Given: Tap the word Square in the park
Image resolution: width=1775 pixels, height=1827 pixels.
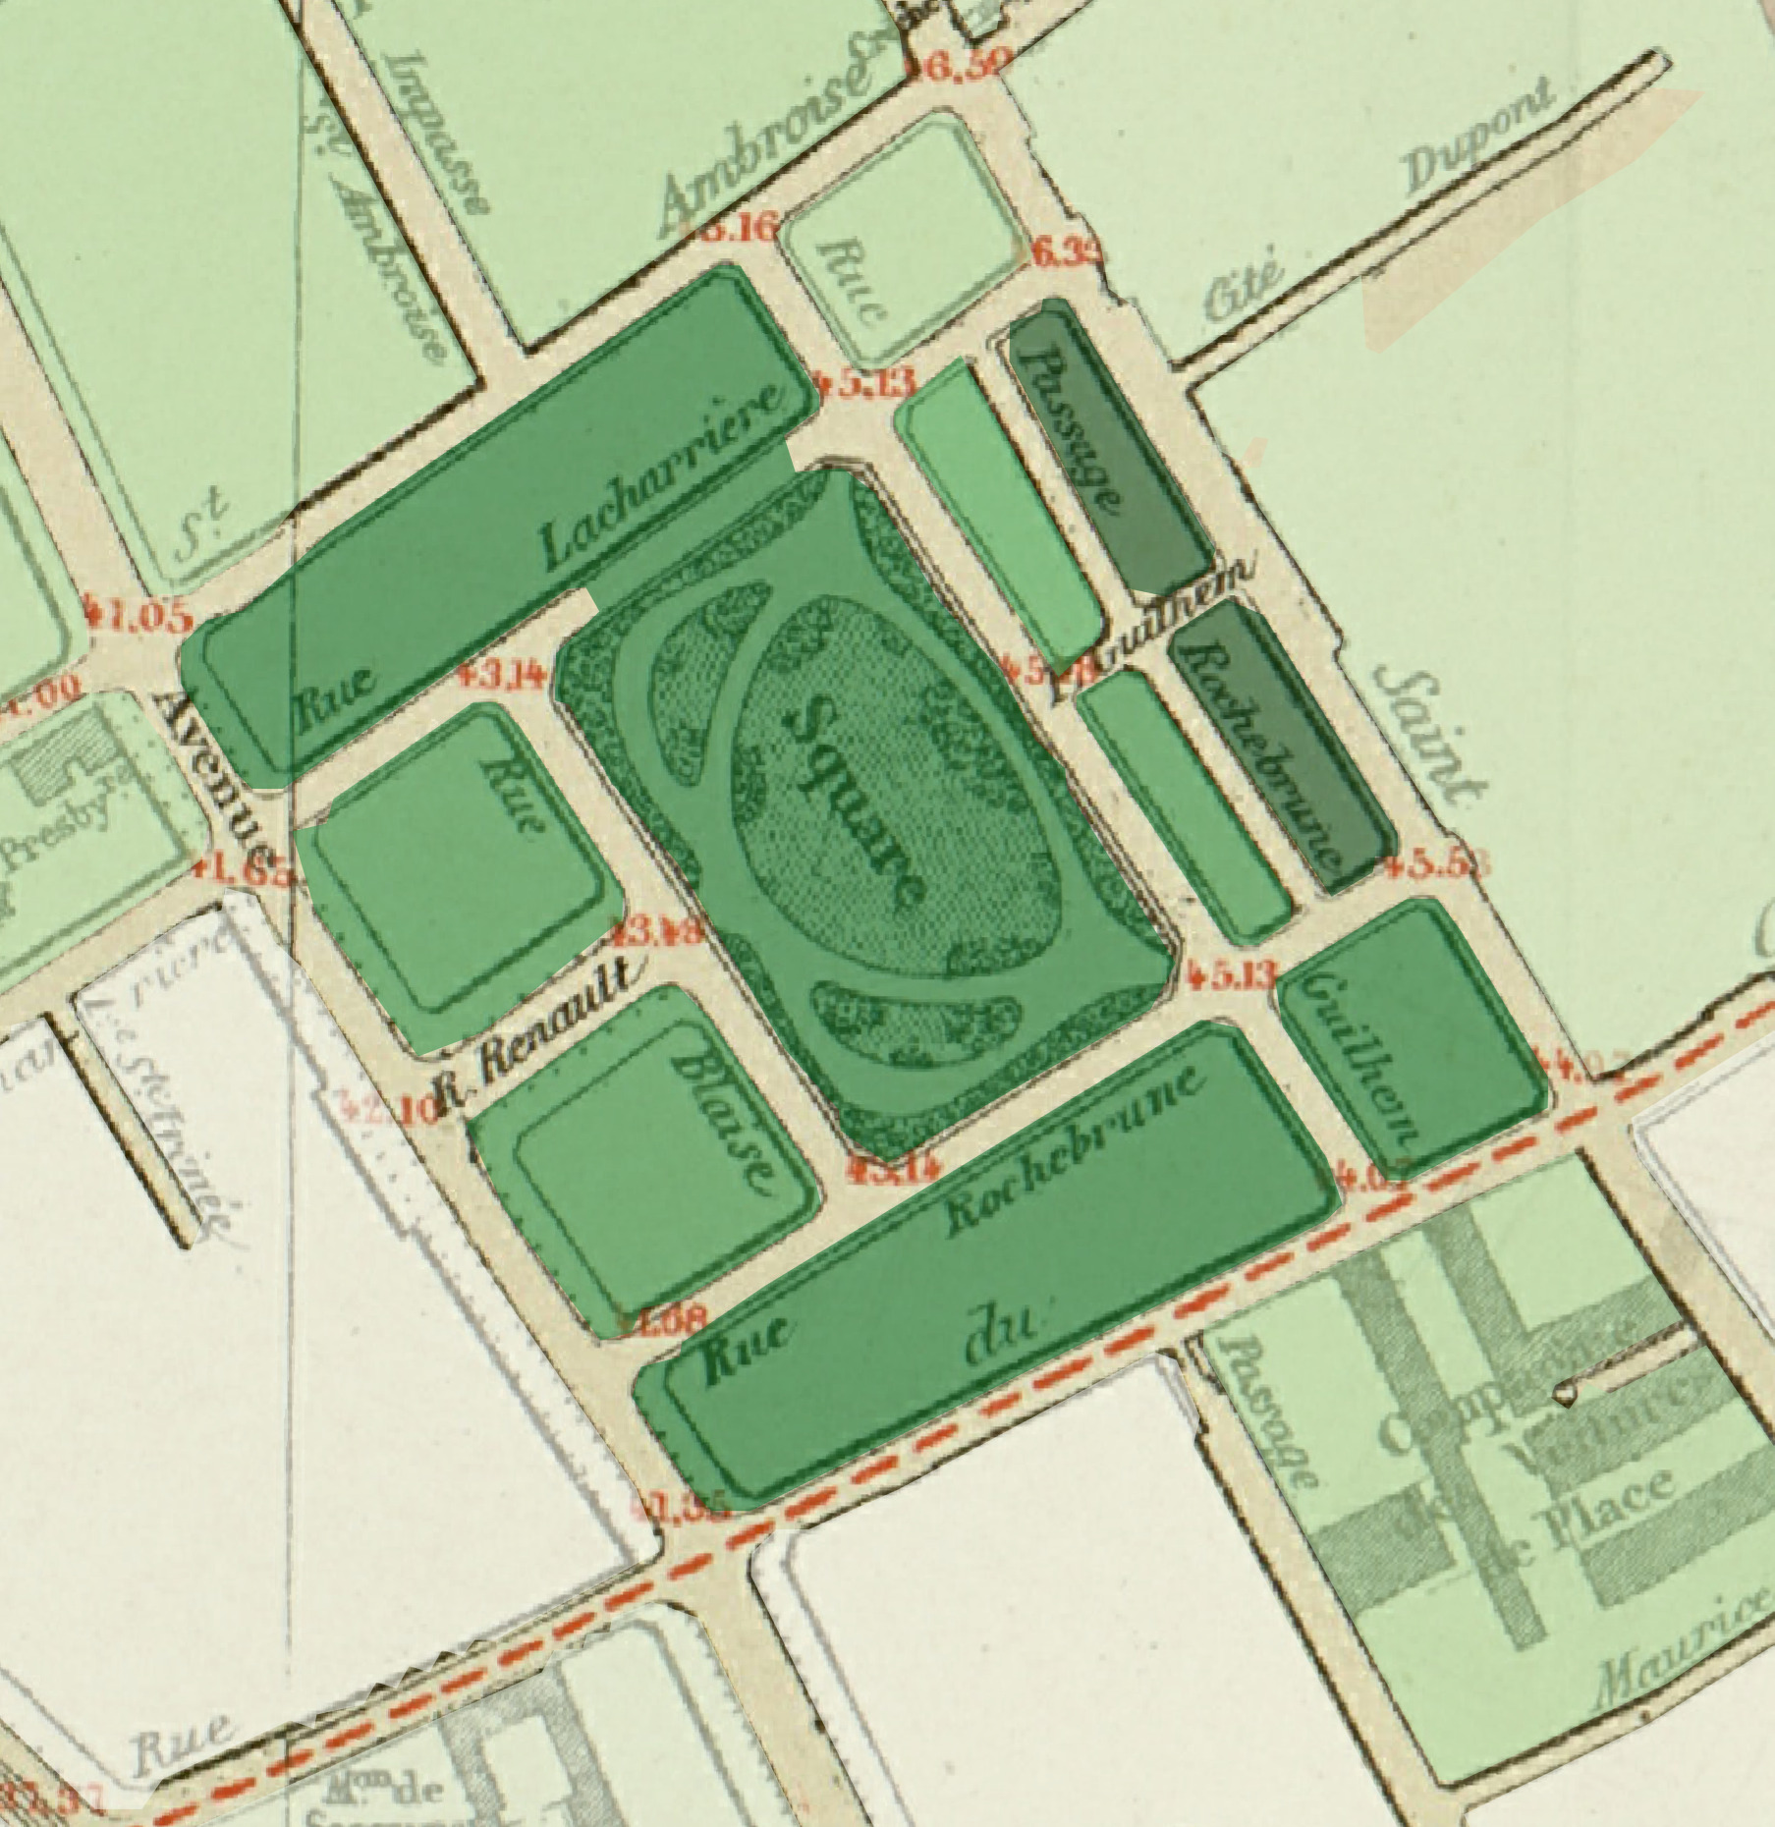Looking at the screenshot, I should [x=854, y=800].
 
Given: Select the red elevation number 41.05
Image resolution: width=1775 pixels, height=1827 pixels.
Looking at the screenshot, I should [x=139, y=617].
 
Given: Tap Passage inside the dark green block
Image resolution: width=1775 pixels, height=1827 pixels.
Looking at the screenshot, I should [x=1070, y=427].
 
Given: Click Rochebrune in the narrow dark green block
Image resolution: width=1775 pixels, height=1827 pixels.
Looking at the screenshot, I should [x=1258, y=751].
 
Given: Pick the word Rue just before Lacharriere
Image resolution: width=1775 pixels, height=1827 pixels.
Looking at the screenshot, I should [x=335, y=698].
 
